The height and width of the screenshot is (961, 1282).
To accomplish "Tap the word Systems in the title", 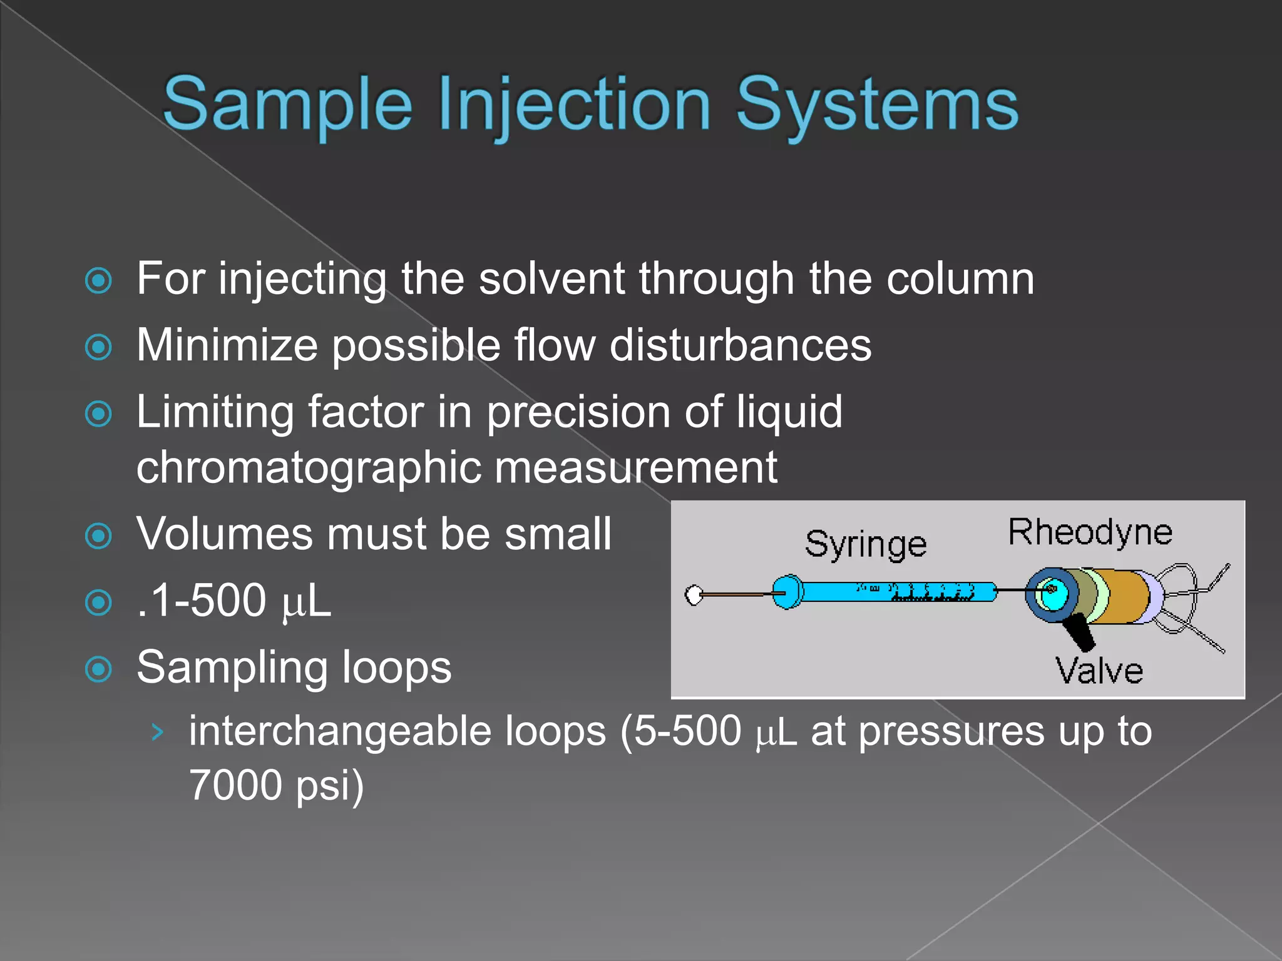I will (877, 104).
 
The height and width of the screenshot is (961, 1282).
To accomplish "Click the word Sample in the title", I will (287, 104).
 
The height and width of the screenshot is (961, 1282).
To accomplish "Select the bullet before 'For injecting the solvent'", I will (98, 280).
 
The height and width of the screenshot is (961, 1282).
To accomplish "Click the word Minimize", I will (227, 345).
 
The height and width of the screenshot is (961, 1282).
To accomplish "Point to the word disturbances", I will (740, 345).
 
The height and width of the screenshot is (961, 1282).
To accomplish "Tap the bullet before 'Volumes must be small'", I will (98, 536).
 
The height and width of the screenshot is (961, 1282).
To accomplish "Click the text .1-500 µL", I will (233, 601).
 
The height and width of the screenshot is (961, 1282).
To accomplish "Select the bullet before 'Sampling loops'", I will (98, 669).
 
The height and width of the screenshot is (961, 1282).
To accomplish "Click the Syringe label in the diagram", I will (865, 544).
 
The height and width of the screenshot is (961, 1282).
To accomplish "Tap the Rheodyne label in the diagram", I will (1090, 532).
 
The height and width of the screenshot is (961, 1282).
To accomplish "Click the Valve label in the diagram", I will (1099, 671).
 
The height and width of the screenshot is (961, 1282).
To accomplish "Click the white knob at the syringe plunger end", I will (694, 594).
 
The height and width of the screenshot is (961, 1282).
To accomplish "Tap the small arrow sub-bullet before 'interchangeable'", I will (157, 731).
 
